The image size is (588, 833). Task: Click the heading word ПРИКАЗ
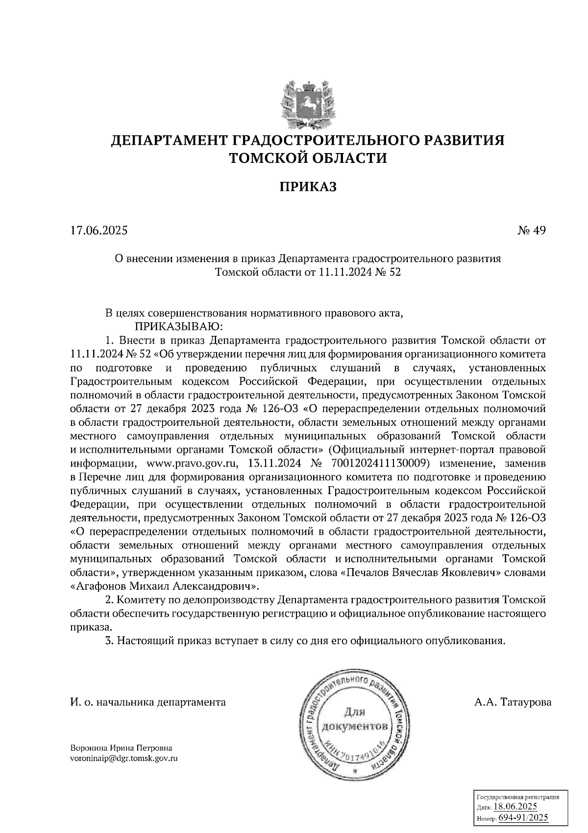point(308,186)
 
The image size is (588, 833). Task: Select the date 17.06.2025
point(98,230)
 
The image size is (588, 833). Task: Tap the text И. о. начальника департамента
point(148,702)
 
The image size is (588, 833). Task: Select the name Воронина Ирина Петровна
point(121,748)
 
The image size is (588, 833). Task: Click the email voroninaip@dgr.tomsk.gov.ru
point(124,758)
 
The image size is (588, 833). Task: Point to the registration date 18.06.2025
point(515,807)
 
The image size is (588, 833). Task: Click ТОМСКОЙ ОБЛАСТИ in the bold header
point(308,158)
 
